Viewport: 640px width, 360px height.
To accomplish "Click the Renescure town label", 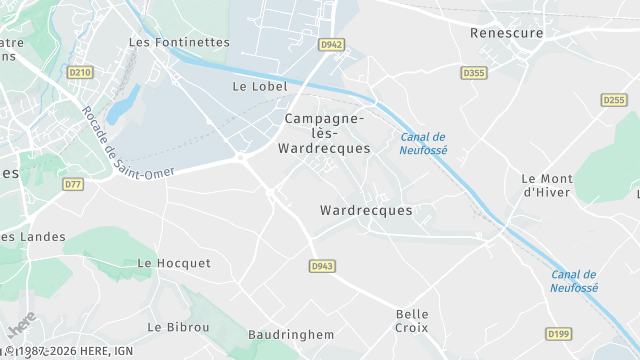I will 507,33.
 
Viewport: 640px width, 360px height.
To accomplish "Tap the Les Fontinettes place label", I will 179,43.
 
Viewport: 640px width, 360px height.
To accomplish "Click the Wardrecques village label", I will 366,211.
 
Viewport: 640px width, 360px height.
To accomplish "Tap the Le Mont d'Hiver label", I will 546,185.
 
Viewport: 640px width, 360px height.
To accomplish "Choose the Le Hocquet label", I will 174,263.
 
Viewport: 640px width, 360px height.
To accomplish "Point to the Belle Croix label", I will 412,321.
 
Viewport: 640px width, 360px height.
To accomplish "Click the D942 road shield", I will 331,45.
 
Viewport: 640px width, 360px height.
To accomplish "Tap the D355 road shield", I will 474,73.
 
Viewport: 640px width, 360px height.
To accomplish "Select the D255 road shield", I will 614,100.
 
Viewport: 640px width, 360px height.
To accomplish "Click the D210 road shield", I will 80,72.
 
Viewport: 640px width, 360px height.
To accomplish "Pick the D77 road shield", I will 73,184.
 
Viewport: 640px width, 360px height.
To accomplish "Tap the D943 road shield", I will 321,266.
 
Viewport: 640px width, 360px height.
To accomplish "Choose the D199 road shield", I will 587,333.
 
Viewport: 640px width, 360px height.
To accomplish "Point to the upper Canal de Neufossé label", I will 423,143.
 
